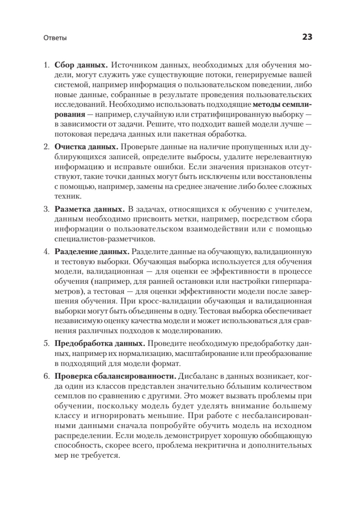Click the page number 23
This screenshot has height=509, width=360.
pos(307,37)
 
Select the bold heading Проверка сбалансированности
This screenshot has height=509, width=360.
pos(114,376)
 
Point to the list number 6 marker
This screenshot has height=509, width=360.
pos(47,376)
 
